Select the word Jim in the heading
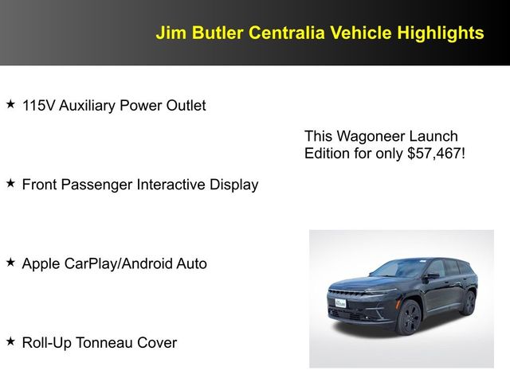pos(170,33)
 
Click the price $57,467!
pos(436,154)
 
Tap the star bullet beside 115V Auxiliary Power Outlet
pos(10,104)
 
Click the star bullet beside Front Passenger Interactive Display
pos(10,184)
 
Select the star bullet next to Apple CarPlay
pos(10,263)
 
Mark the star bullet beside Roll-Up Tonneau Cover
pos(10,342)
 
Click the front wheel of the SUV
pos(409,317)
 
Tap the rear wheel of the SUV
pos(468,302)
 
